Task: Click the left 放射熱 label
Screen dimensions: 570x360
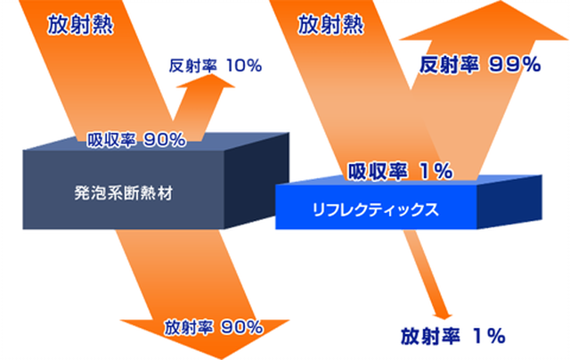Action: pyautogui.click(x=80, y=25)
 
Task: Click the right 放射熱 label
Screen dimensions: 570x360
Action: pyautogui.click(x=330, y=25)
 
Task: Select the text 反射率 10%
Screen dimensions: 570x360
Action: pyautogui.click(x=216, y=66)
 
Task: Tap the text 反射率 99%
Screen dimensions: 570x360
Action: pyautogui.click(x=480, y=65)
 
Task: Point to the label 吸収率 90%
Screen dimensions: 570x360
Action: pyautogui.click(x=136, y=140)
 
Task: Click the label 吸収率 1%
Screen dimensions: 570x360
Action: pyautogui.click(x=400, y=171)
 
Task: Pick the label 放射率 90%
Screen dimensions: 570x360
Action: pyautogui.click(x=214, y=327)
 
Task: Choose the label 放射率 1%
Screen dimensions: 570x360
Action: pyautogui.click(x=453, y=336)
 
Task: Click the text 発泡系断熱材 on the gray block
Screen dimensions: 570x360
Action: pyautogui.click(x=124, y=192)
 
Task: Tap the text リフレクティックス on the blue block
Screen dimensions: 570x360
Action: pyautogui.click(x=376, y=209)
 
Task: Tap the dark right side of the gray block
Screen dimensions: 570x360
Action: pyautogui.click(x=256, y=180)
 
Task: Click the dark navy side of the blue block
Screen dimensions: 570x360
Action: pyautogui.click(x=509, y=201)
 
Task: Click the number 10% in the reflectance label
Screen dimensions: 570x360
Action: pyautogui.click(x=244, y=66)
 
